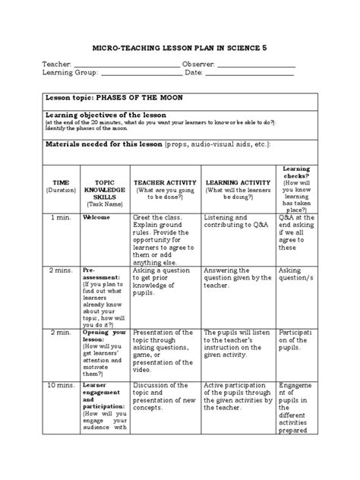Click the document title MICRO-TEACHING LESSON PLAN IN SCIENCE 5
[x=180, y=47]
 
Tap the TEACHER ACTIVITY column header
[x=165, y=183]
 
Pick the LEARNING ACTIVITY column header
[x=238, y=183]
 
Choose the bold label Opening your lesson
[x=103, y=336]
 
